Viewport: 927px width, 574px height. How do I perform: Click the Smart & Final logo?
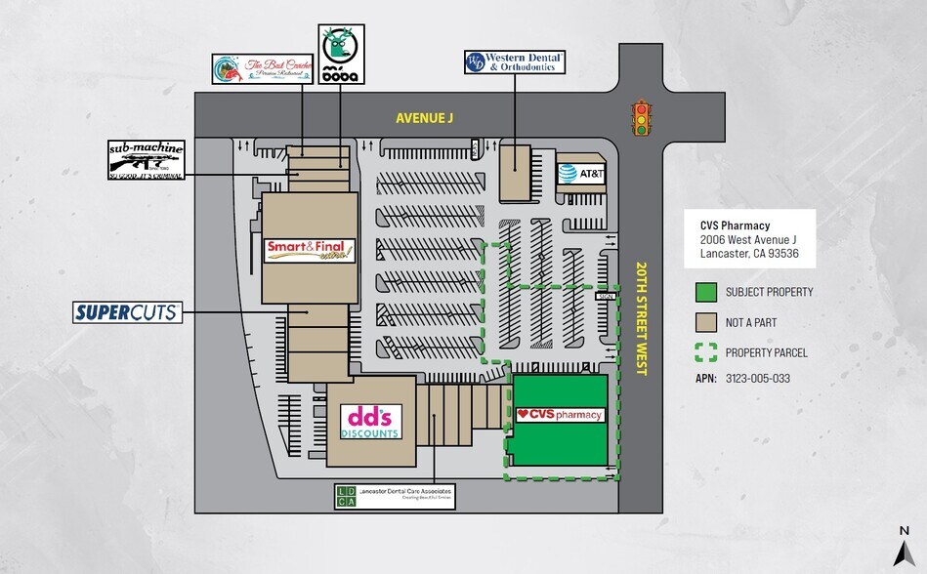310,250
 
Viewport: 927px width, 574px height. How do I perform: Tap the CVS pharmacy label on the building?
561,415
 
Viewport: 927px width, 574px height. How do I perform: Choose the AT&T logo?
580,173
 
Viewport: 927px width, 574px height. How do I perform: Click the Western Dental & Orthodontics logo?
515,63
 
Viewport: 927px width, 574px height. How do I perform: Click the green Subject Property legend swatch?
706,292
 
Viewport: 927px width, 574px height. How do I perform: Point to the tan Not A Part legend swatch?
706,322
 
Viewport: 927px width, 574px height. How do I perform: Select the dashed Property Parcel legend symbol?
706,352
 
